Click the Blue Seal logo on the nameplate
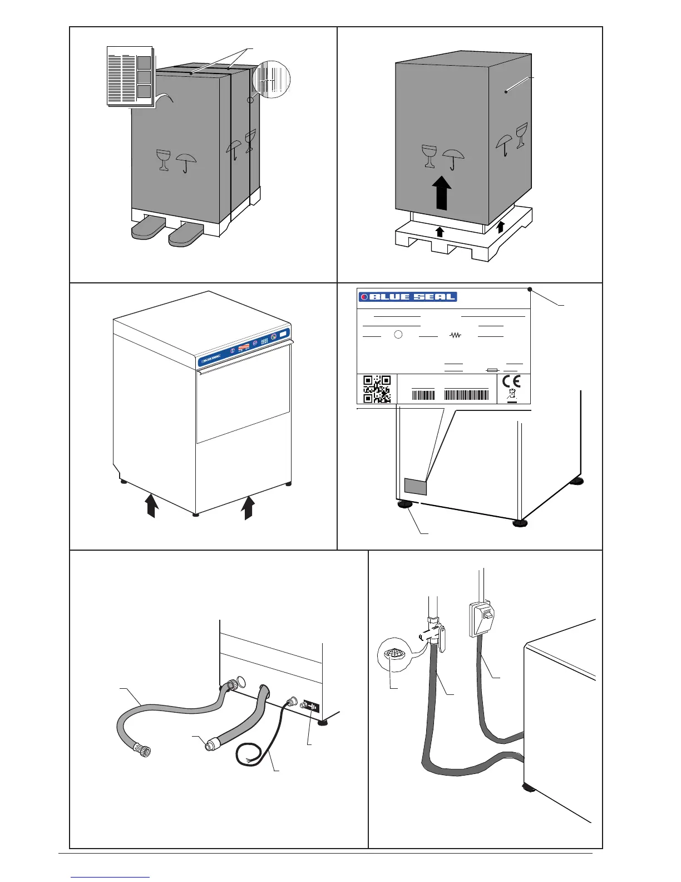click(408, 297)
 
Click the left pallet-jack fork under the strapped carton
click(147, 230)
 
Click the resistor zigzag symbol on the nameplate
click(456, 336)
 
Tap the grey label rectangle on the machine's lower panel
click(415, 486)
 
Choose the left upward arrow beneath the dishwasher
click(151, 507)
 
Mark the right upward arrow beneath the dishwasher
click(248, 507)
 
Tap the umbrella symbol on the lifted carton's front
click(452, 158)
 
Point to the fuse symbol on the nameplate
click(492, 369)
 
